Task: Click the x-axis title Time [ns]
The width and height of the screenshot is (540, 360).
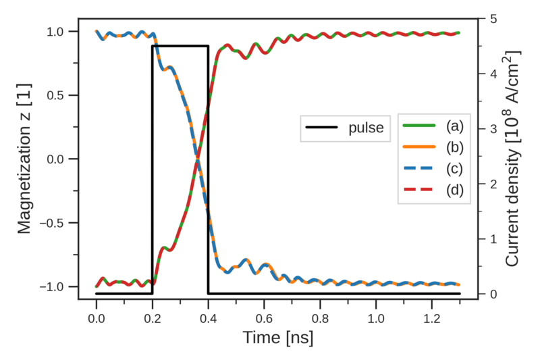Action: [x=278, y=336]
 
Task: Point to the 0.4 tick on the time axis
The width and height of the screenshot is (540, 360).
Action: [x=208, y=315]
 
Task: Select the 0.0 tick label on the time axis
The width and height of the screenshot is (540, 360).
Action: [x=96, y=315]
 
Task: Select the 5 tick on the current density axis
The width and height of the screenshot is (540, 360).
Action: [x=489, y=19]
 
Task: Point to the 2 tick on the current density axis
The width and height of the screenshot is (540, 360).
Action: [x=489, y=184]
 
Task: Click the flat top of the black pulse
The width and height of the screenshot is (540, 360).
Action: [x=180, y=46]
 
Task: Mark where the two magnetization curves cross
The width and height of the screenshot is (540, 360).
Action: [x=198, y=159]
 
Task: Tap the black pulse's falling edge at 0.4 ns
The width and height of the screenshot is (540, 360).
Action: [x=208, y=169]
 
